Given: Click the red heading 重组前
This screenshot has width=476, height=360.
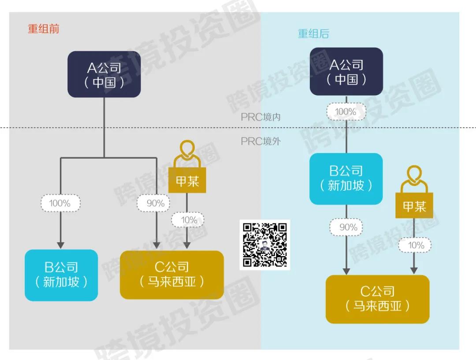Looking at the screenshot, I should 44,29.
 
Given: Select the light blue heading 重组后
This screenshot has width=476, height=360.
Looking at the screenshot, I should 313,34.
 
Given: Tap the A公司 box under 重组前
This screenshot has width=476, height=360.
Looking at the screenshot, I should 104,74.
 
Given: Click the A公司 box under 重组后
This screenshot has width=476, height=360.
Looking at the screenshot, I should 346,71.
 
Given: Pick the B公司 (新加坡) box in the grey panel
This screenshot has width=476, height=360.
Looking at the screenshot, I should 61,275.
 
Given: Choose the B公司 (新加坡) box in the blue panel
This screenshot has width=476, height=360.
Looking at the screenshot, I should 346,178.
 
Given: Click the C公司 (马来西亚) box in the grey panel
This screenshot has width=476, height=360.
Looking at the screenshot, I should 172,275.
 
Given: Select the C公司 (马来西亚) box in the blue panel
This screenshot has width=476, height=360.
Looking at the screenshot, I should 377,299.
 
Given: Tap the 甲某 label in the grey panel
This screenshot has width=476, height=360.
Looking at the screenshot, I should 187,182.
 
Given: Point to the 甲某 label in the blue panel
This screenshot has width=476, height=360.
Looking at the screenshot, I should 414,207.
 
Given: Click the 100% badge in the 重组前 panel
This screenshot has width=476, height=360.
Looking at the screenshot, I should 60,203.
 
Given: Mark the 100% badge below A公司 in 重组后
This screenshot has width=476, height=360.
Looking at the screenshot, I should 346,111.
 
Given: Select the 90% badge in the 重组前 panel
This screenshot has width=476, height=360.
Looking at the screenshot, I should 156,203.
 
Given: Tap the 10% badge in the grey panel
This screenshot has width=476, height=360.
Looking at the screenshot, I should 188,219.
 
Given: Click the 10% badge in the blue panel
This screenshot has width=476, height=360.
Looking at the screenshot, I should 414,245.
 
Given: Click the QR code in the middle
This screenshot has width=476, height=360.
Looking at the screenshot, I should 265,245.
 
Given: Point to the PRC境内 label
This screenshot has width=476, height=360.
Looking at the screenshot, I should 260,117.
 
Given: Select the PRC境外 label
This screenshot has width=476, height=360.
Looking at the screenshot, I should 260,141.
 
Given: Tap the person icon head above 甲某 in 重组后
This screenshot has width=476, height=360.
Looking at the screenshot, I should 414,173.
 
